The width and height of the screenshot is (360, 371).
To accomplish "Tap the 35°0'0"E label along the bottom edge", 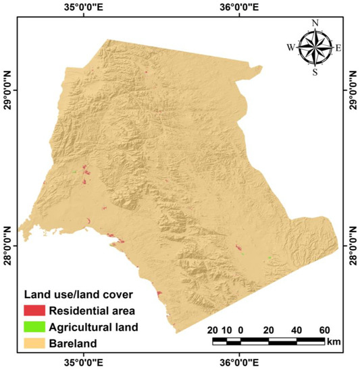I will (x=84, y=364).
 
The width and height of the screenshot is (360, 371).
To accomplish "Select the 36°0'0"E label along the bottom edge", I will (x=239, y=364).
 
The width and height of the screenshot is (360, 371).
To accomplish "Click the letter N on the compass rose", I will (x=315, y=23).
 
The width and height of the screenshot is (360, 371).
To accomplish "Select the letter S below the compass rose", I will (x=315, y=72).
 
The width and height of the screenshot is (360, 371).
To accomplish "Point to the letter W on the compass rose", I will (x=291, y=47).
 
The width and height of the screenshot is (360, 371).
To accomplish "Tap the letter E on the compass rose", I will (x=338, y=47).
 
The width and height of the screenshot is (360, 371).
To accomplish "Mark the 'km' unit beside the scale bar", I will (x=334, y=342).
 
